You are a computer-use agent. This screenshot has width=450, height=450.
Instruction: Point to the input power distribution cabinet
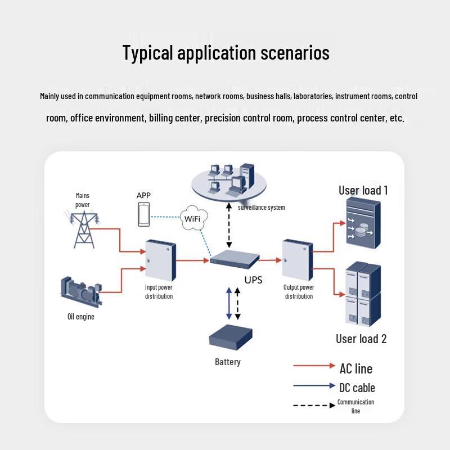[160, 260]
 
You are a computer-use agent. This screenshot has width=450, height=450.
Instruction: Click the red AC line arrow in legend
[314, 366]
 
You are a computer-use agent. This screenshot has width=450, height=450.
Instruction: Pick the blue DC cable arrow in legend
[314, 386]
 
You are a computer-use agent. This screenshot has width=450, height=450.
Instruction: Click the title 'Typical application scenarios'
[226, 53]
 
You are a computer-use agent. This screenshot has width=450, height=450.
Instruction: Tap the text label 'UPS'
[253, 280]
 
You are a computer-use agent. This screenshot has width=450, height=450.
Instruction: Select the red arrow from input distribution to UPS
[192, 260]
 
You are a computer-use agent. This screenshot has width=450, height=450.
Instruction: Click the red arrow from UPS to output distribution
[271, 260]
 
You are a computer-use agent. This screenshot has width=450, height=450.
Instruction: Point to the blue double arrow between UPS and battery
[228, 303]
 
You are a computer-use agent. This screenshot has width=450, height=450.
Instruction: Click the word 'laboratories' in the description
[313, 96]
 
